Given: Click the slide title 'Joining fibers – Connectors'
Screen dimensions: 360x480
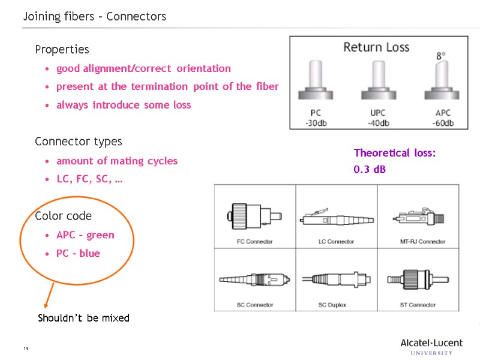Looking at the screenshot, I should pos(95,17).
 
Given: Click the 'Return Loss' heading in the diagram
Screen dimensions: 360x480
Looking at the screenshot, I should pos(376,47).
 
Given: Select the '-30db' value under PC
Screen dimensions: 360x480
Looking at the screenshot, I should pos(316,124).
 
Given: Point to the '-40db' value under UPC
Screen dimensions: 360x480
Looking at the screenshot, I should pos(378,124).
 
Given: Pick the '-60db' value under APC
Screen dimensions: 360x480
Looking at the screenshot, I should pos(442,124).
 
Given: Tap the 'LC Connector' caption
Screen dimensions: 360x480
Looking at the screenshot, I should pos(336,242).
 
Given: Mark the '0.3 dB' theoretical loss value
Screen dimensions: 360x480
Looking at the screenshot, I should pos(370,170).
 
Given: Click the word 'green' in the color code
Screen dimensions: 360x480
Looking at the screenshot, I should pos(100,235).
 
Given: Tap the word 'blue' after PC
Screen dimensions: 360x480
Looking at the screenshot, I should pos(90,254).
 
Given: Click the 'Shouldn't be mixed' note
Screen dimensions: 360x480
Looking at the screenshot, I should pos(83,318).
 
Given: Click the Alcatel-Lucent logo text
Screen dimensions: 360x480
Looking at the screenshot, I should pos(431,343).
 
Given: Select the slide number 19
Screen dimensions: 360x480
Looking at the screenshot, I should pos(26,349).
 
